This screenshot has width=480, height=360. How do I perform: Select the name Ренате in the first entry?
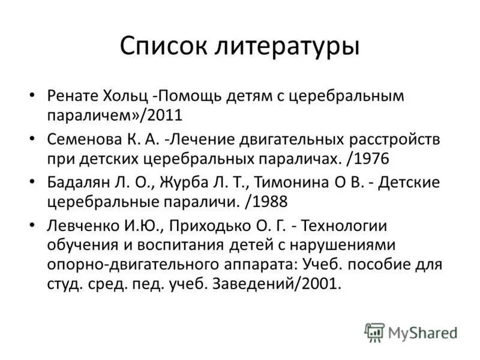pos(71,95)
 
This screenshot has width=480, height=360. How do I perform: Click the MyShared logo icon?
pos(374,332)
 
